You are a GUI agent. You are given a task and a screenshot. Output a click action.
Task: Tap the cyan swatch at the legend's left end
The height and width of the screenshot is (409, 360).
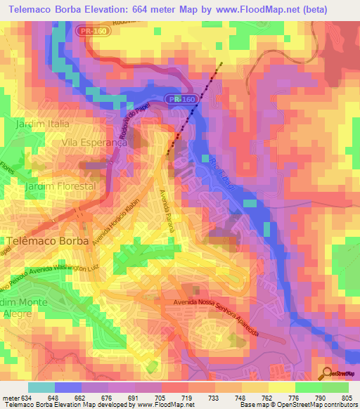pyautogui.click(x=41, y=387)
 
